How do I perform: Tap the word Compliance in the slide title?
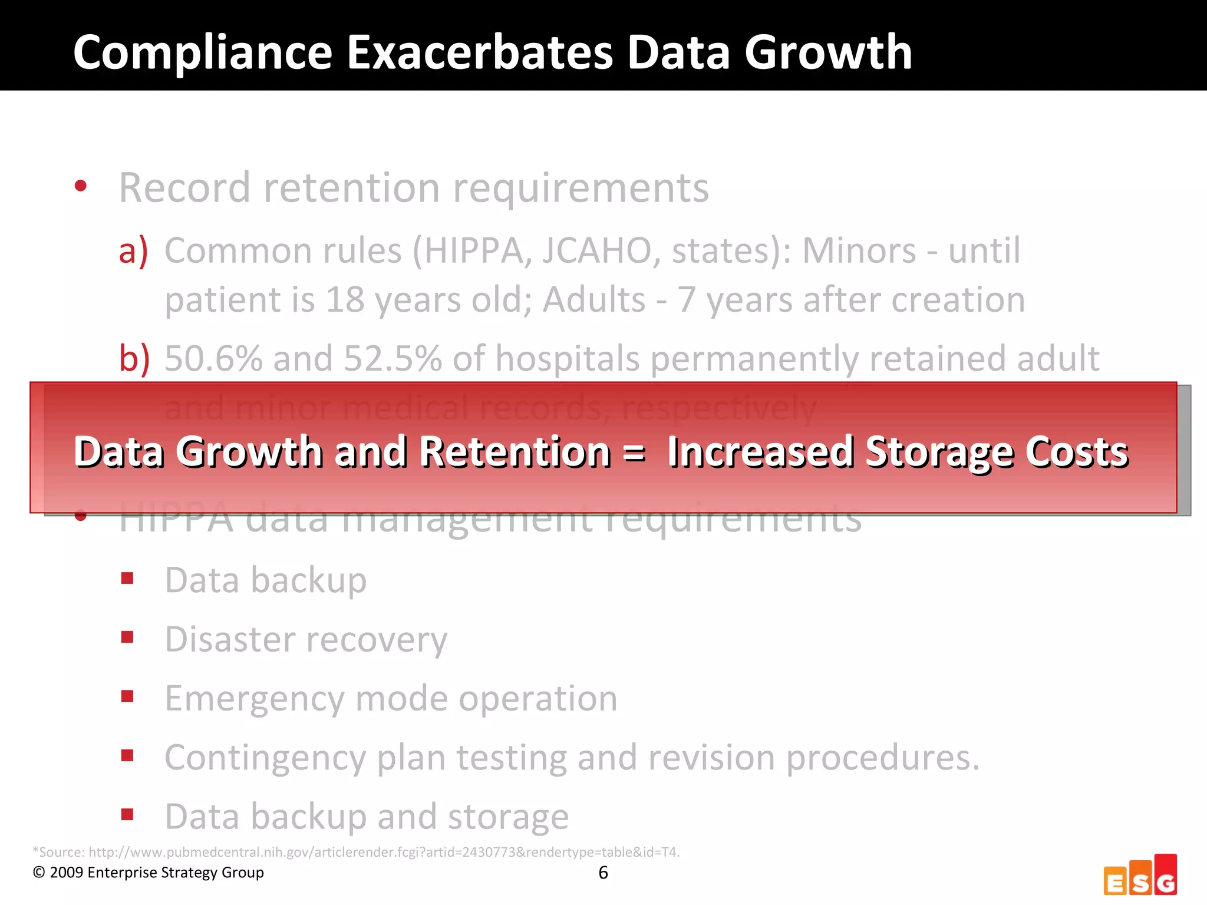(x=203, y=54)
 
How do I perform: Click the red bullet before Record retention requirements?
(x=81, y=187)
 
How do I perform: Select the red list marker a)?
(x=133, y=251)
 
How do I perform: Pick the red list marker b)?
(x=134, y=358)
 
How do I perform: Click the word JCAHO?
(x=596, y=251)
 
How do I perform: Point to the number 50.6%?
(x=213, y=358)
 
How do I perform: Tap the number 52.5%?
(x=393, y=358)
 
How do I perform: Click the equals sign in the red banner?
(x=634, y=452)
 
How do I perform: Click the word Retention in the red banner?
(x=515, y=452)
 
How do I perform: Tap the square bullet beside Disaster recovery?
(x=127, y=637)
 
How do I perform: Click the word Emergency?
(x=254, y=699)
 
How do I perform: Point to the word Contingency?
(x=265, y=758)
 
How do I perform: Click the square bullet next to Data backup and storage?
(x=127, y=814)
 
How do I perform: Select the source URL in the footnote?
(x=384, y=852)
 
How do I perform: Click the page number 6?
(x=603, y=873)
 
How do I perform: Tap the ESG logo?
(x=1140, y=875)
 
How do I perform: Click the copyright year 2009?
(x=66, y=873)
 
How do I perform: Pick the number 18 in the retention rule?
(x=345, y=300)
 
